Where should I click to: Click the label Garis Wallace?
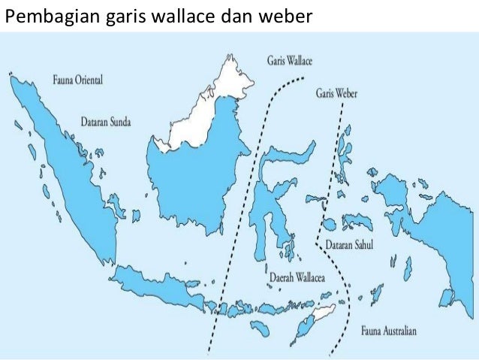(x=290, y=60)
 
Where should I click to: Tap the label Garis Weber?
(x=337, y=94)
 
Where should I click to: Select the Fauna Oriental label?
(x=78, y=79)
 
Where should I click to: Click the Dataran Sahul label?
(x=350, y=244)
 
